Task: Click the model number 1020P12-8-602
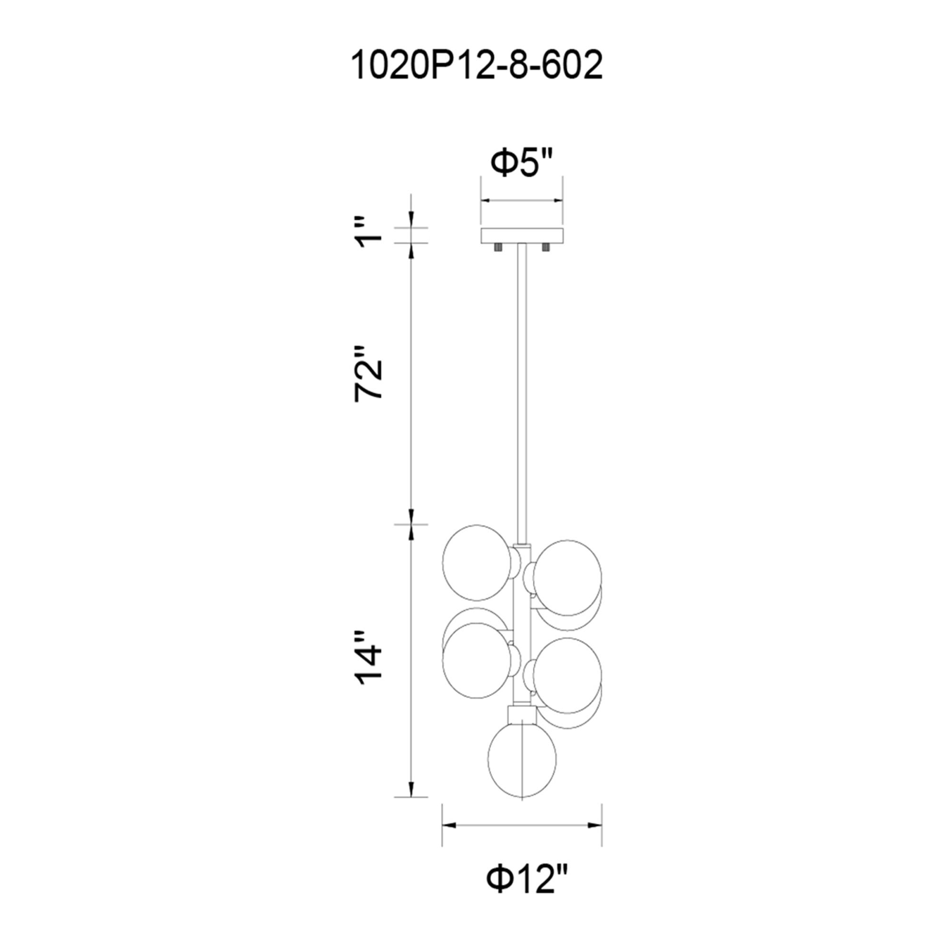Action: pyautogui.click(x=476, y=67)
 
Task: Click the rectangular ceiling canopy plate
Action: pyautogui.click(x=522, y=235)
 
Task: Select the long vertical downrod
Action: pyautogui.click(x=522, y=393)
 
